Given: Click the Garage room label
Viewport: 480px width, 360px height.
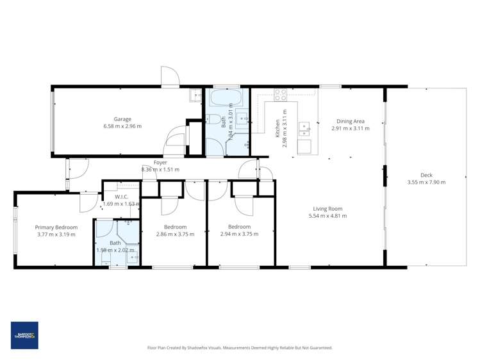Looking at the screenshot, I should pyautogui.click(x=122, y=119).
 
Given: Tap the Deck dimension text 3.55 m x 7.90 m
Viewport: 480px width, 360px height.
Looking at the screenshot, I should pyautogui.click(x=426, y=182).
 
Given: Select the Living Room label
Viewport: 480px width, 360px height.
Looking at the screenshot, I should pyautogui.click(x=327, y=208).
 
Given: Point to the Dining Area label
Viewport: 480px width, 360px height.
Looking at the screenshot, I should pyautogui.click(x=351, y=121).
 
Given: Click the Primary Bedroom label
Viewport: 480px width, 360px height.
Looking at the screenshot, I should pyautogui.click(x=56, y=227).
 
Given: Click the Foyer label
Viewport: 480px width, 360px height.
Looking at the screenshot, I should pyautogui.click(x=160, y=163).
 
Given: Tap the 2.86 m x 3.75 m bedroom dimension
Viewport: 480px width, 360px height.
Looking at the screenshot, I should pyautogui.click(x=175, y=234).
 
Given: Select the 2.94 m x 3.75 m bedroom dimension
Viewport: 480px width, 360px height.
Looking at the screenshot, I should pyautogui.click(x=239, y=234).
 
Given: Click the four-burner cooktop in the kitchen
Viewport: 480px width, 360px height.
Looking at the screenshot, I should pyautogui.click(x=281, y=95).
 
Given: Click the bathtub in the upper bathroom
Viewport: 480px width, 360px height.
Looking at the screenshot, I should pyautogui.click(x=226, y=99).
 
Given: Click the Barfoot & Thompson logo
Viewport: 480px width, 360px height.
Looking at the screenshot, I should pyautogui.click(x=24, y=335).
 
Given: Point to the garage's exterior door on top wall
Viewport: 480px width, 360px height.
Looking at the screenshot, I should pyautogui.click(x=170, y=77).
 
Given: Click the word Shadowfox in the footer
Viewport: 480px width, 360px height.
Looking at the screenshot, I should pyautogui.click(x=208, y=348).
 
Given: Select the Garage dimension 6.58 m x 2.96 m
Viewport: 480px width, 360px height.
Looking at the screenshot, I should pyautogui.click(x=122, y=126).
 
